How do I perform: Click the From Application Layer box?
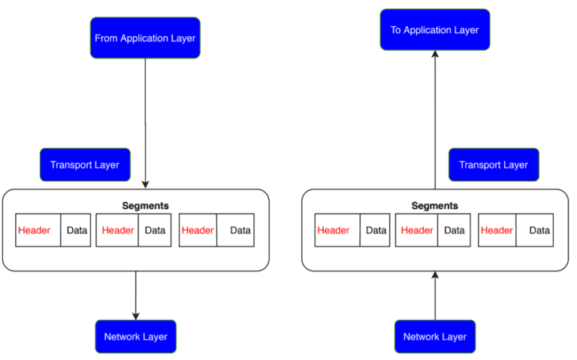(145, 38)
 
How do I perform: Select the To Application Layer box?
(434, 30)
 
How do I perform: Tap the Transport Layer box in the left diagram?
(84, 165)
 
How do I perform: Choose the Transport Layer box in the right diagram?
(494, 165)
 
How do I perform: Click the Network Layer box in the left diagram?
(135, 336)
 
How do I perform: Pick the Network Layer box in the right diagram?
(434, 336)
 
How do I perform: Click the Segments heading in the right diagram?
(434, 205)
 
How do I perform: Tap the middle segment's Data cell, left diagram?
(155, 230)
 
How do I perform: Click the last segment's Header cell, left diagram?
(198, 230)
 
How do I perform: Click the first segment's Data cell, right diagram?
(376, 230)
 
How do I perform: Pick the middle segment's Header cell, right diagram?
(417, 230)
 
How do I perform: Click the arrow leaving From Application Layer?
(145, 120)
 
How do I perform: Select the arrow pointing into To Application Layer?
(434, 120)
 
